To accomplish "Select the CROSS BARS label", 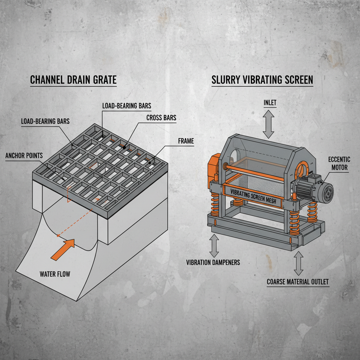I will coord(161,118).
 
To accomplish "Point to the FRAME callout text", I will coord(186,141).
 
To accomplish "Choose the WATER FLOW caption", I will coord(55,274).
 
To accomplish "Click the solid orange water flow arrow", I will coord(63,249).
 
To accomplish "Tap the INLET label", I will coord(270,103).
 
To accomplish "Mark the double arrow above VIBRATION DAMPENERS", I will coord(214,245).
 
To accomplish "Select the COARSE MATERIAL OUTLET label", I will coord(298,282).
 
